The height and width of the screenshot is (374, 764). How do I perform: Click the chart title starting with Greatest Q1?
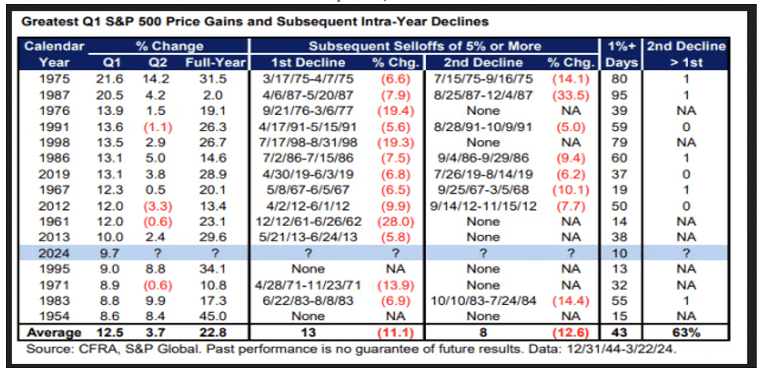coord(255,21)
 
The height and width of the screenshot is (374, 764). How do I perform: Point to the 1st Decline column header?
coord(309,63)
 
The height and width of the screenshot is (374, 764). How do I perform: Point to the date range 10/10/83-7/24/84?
coord(483,301)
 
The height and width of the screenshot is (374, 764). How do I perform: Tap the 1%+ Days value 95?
coord(621,95)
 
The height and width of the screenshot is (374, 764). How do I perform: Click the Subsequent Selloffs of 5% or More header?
coord(424,47)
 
